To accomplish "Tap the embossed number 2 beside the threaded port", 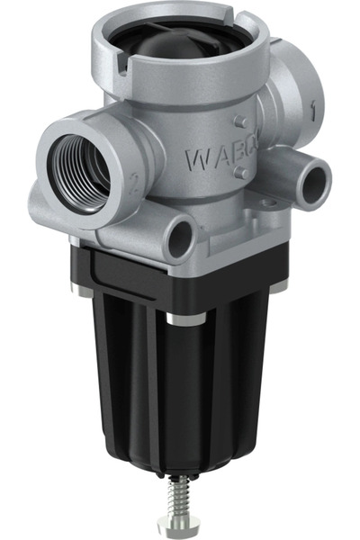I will point(132,187).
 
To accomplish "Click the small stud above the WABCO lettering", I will point(237,121).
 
